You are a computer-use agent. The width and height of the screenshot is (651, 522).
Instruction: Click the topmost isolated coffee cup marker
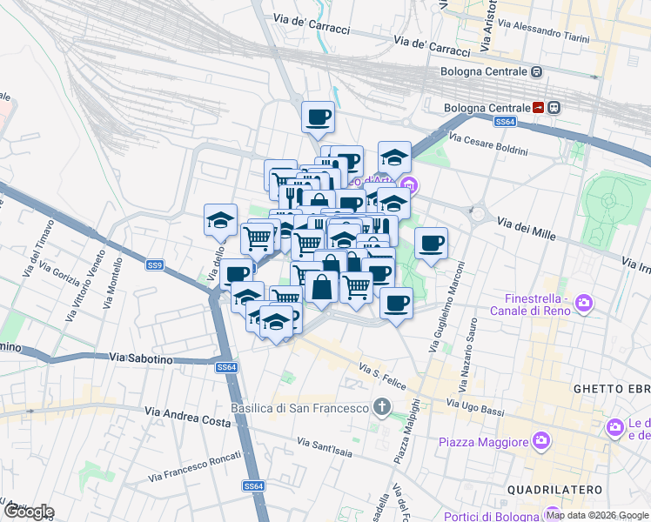[x=318, y=116]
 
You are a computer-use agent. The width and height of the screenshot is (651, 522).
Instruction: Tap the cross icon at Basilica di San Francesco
[x=380, y=406]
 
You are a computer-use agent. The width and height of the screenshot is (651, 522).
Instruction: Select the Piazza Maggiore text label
[x=484, y=442]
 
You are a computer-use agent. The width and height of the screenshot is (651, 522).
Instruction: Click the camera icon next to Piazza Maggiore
[x=542, y=441]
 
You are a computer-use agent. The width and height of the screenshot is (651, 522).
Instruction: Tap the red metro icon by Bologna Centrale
[x=539, y=108]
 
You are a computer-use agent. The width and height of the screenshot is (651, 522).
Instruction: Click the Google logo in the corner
[x=28, y=512]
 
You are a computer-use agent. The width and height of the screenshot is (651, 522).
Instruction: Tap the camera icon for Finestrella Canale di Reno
[x=584, y=303]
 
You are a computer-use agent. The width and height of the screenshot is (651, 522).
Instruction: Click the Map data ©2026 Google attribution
[x=596, y=515]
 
